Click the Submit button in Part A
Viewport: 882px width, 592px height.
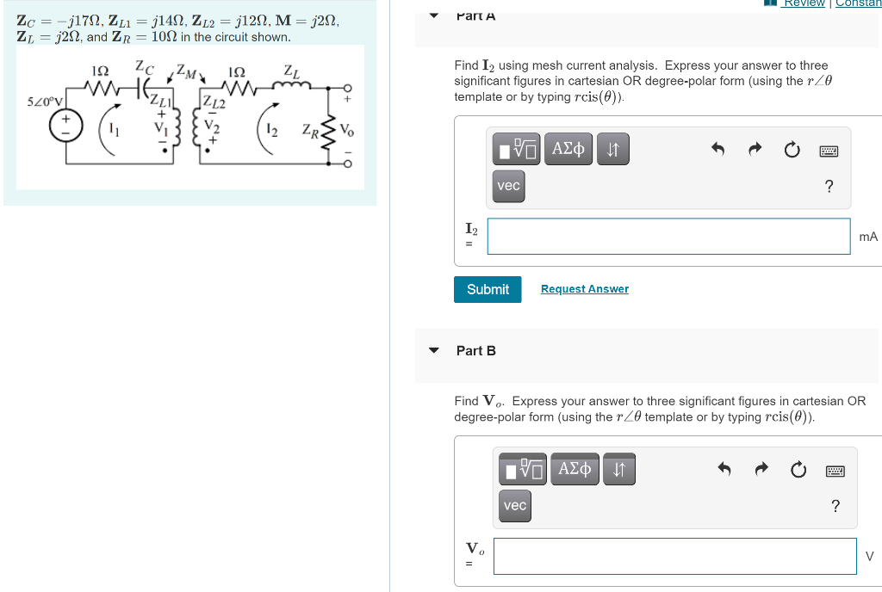[x=488, y=289]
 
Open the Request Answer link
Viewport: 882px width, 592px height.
[x=584, y=289]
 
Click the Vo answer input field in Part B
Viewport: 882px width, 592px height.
[x=674, y=556]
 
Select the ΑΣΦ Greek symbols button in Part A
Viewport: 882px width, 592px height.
[x=568, y=150]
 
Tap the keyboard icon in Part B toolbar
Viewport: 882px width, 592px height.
[x=834, y=470]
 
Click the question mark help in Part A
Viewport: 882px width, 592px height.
[x=829, y=187]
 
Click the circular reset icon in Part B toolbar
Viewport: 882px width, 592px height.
[x=798, y=470]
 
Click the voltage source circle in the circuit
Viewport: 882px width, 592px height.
[x=65, y=126]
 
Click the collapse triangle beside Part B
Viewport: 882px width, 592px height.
[x=434, y=350]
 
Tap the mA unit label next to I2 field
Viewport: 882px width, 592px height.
[x=867, y=237]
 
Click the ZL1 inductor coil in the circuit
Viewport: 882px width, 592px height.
[x=178, y=129]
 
